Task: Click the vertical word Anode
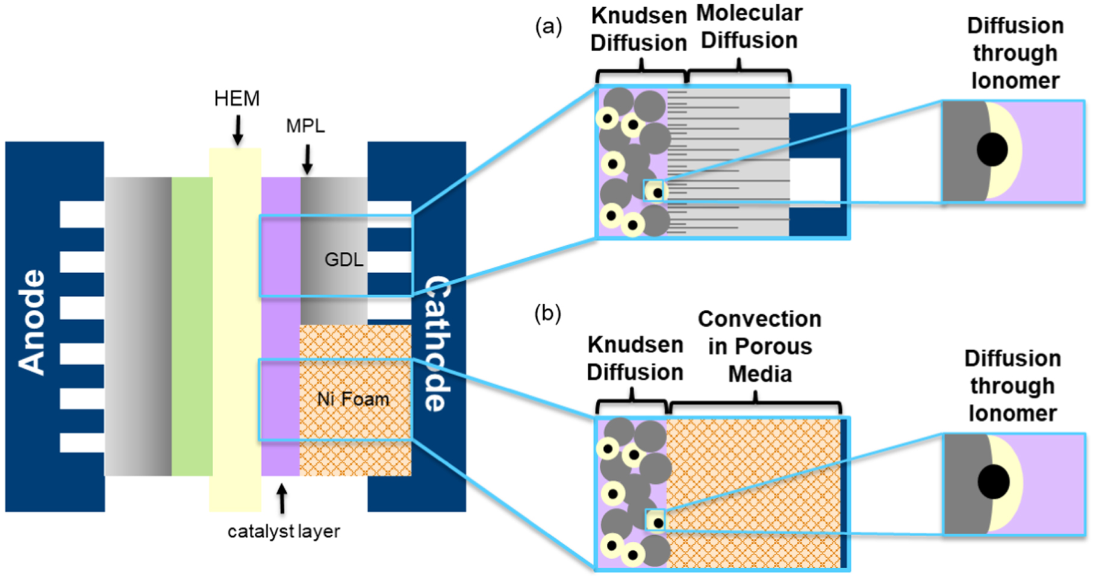31,322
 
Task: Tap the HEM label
237,98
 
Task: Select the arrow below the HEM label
238,130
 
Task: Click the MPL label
305,126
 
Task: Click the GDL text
344,260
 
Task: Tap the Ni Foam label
353,399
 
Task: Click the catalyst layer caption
284,532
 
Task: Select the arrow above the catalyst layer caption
281,498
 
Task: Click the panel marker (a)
548,27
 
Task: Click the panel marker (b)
547,313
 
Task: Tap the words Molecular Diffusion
749,27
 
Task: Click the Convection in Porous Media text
759,347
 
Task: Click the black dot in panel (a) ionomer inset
992,149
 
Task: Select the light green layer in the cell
191,325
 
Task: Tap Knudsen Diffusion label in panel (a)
638,30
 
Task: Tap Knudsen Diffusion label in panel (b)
635,359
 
